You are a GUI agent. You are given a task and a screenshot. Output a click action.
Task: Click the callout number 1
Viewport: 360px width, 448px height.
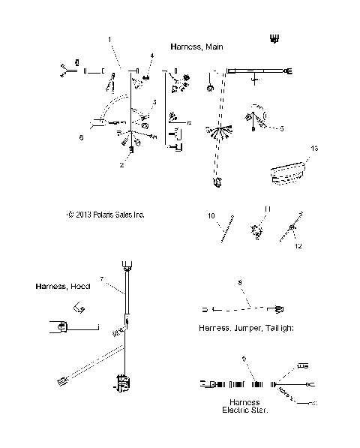[x=110, y=38]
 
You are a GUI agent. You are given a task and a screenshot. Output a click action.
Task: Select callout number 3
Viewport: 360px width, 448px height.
[x=154, y=102]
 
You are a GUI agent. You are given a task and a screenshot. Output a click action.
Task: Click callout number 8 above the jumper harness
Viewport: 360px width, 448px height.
[x=239, y=283]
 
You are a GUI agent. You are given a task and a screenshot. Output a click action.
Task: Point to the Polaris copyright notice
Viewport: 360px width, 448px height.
[x=106, y=215]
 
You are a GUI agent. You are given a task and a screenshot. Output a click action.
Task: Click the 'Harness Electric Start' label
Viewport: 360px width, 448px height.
[x=245, y=406]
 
